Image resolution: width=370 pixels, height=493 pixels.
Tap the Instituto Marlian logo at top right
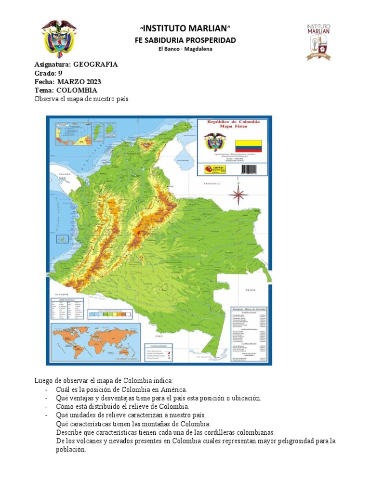[x=318, y=42]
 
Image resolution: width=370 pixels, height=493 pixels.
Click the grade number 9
[x=60, y=73]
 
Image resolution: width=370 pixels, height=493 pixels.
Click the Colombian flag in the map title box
[x=248, y=146]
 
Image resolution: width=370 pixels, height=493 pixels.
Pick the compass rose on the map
[x=238, y=195]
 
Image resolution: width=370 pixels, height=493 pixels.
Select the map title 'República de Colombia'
[x=233, y=122]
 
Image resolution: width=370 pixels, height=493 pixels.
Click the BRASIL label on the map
[x=251, y=290]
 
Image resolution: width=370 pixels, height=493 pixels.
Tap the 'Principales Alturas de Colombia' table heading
[x=249, y=308]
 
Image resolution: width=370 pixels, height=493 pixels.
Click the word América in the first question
[x=174, y=389]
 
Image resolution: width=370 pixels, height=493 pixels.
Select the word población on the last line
[x=71, y=450]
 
